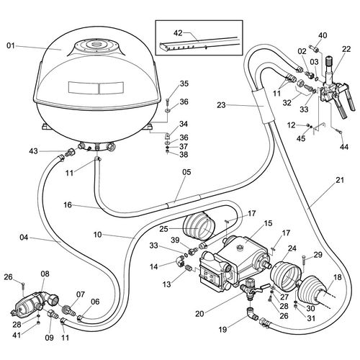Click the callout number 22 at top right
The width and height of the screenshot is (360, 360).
(x=346, y=49)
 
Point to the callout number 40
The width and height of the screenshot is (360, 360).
(x=323, y=35)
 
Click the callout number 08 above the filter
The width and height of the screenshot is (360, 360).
(x=45, y=274)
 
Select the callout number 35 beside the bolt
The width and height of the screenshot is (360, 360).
(x=164, y=84)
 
